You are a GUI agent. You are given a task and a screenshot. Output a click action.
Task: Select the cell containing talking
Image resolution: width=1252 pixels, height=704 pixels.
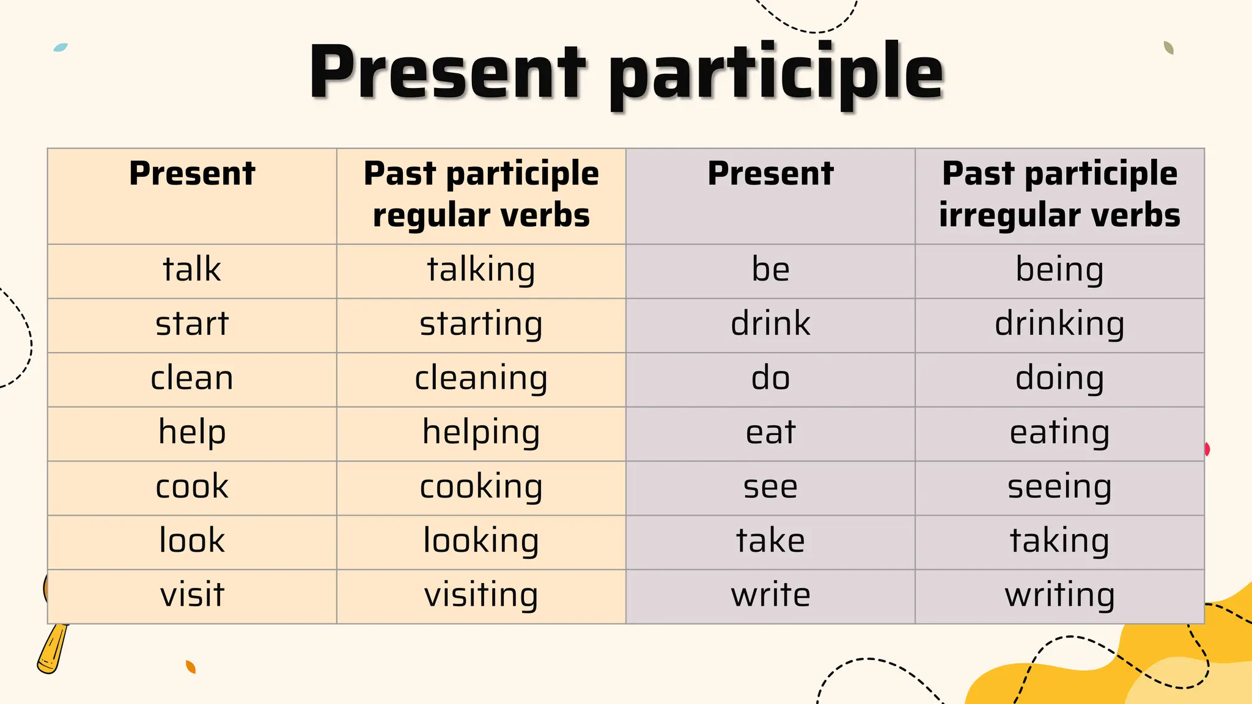click(481, 270)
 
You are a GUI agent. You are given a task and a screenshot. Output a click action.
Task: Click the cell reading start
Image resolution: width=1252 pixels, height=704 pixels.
click(192, 324)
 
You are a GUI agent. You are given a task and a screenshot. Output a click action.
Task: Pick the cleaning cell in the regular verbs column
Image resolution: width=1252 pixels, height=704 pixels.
click(481, 379)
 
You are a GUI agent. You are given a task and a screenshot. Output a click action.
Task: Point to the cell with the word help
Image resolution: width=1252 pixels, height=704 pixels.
click(192, 433)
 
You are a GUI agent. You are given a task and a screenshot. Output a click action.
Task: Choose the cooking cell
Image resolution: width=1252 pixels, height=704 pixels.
click(481, 487)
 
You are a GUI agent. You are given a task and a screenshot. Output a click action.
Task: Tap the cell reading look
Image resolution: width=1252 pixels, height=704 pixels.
click(192, 541)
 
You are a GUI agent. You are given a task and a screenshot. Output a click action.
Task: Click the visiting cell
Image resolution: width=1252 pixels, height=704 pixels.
click(481, 596)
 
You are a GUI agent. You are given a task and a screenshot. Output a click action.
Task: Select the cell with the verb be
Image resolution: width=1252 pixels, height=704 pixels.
click(770, 270)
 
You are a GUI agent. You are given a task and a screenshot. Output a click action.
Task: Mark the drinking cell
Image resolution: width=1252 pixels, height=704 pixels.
click(1059, 324)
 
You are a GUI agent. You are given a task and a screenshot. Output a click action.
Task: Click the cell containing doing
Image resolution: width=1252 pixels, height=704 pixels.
click(1059, 379)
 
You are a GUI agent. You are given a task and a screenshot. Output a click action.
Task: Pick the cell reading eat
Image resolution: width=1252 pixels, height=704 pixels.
click(770, 433)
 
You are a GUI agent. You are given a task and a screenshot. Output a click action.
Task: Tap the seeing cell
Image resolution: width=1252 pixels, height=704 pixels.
click(1059, 487)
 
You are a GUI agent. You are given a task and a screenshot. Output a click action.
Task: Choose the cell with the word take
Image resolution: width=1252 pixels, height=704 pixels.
click(770, 541)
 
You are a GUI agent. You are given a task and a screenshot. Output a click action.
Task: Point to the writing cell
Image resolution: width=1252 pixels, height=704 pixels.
click(1059, 596)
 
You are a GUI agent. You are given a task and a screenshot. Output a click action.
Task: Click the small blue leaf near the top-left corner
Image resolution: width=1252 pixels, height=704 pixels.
click(61, 47)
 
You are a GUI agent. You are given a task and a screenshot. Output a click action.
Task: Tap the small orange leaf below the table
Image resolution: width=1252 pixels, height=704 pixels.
click(191, 667)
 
